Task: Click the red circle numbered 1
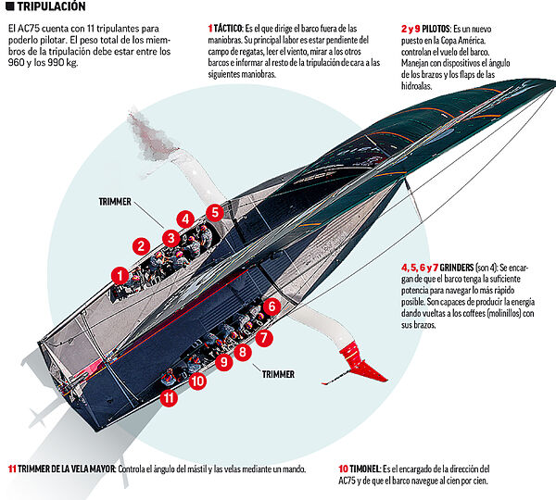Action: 119,275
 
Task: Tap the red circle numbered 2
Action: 141,246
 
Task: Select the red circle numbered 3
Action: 170,237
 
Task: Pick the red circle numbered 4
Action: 186,220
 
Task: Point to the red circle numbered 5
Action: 215,212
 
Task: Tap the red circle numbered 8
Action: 243,352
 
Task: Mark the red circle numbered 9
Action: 222,362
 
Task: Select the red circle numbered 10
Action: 196,380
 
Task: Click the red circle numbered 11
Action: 168,398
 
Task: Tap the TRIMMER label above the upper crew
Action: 116,201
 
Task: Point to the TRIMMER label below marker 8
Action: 278,375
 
